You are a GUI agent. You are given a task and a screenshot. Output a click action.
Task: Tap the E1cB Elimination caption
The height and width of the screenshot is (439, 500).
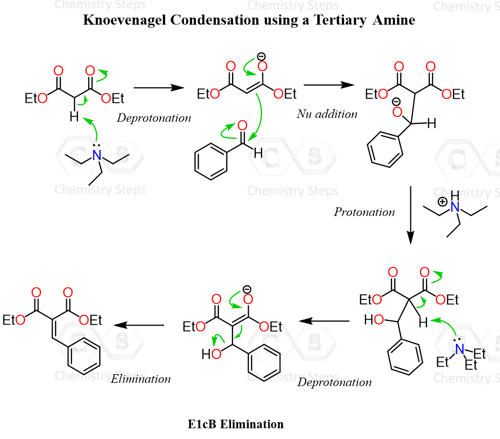(x=236, y=424)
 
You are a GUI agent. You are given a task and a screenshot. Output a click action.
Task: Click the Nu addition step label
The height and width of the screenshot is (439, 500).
(x=327, y=114)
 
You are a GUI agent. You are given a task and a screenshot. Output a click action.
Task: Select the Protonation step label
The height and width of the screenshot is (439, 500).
(x=364, y=212)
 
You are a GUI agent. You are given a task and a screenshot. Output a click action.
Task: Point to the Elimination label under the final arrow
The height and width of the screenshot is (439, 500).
(x=141, y=378)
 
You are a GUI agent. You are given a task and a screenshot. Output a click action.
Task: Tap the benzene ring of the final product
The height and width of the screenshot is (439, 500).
(x=84, y=358)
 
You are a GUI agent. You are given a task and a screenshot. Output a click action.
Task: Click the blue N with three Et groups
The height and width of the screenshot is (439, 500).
(x=459, y=349)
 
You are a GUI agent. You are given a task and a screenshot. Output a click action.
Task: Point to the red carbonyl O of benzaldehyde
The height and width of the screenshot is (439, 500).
(x=242, y=126)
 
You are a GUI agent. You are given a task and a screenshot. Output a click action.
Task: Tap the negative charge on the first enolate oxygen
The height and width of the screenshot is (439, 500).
(x=261, y=56)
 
